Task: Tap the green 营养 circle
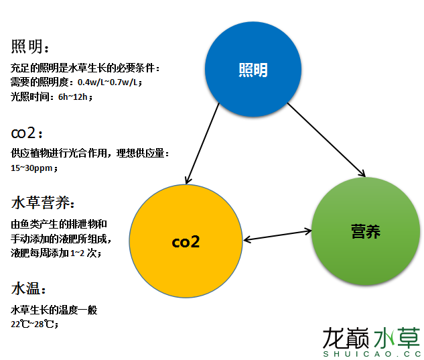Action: point(365,232)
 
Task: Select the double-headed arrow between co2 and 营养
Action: point(278,235)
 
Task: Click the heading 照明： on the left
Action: point(30,47)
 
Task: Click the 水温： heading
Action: point(29,289)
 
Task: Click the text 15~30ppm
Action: point(33,168)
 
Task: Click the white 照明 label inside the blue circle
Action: point(253,70)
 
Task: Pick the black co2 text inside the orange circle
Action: point(186,242)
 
